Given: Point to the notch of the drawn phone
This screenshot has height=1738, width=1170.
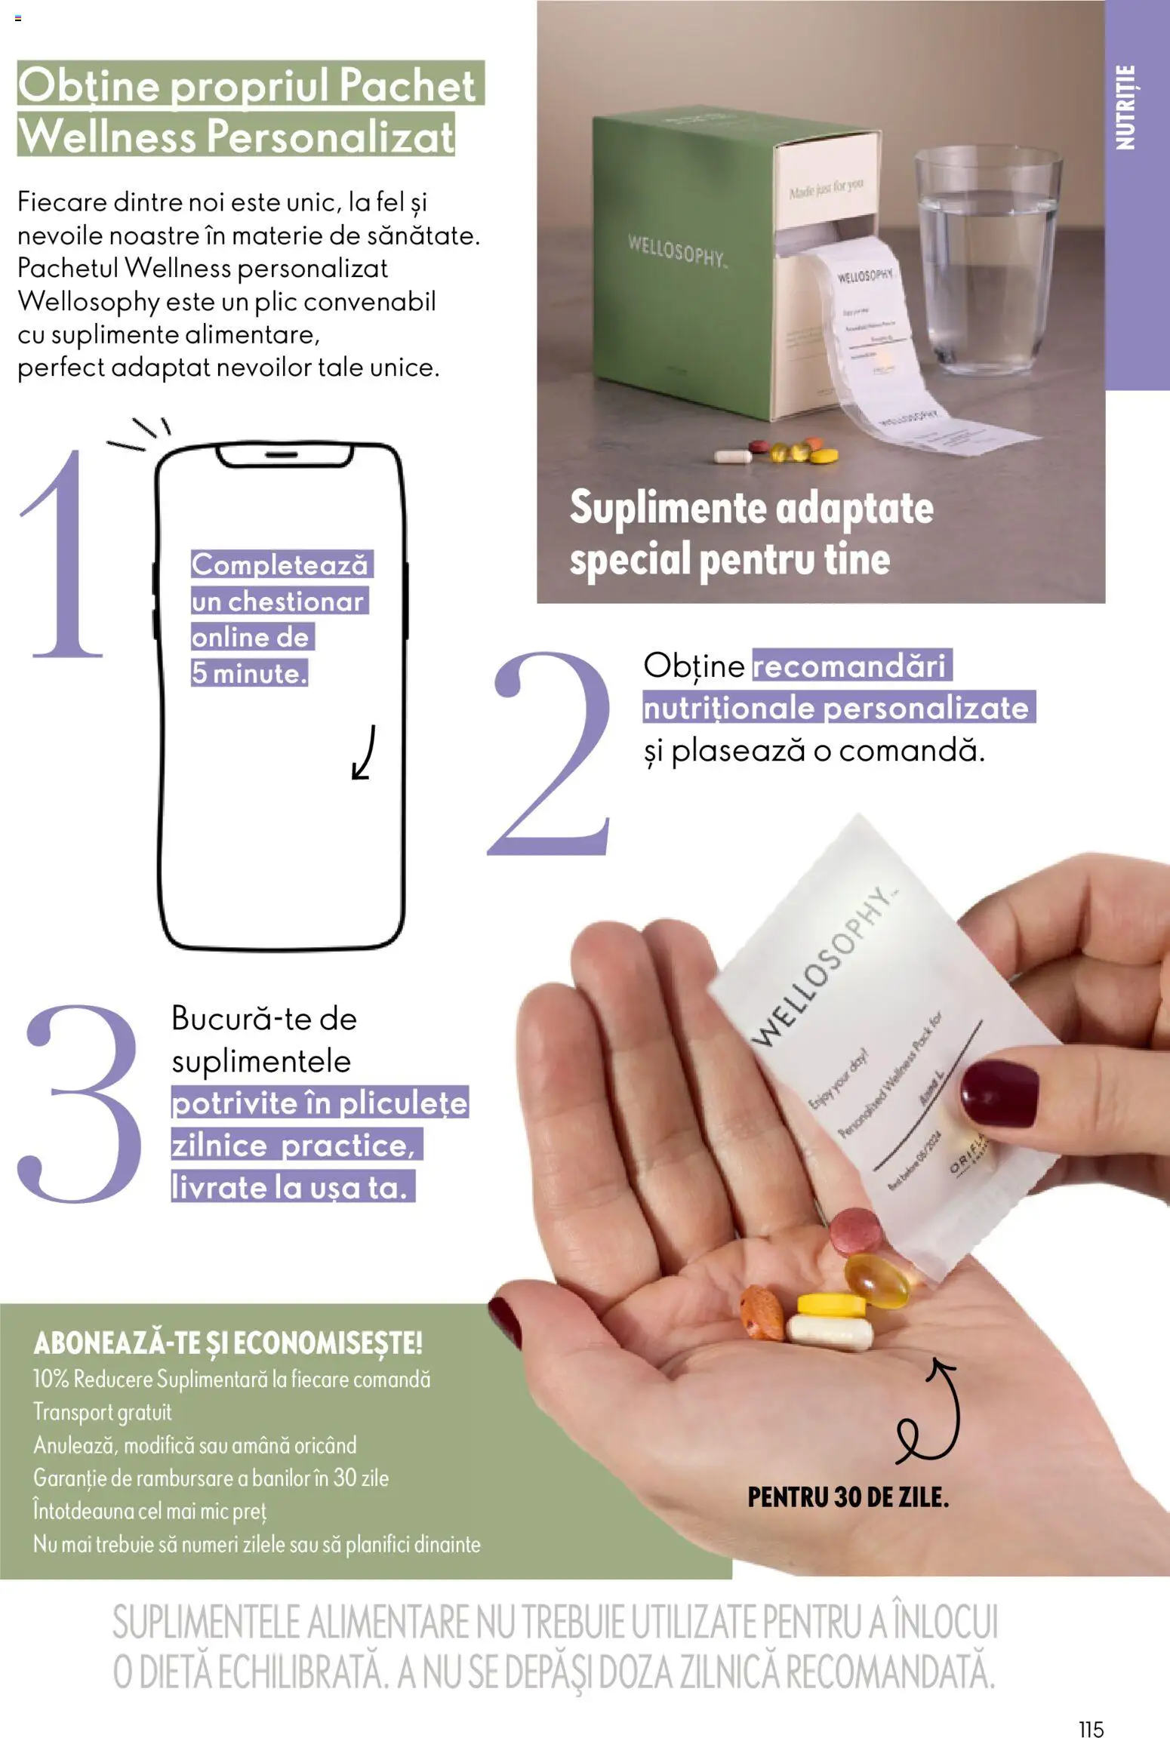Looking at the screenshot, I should click(284, 454).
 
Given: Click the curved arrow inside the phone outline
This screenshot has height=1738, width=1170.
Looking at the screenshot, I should click(364, 752).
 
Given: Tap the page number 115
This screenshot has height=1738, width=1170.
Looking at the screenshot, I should click(1091, 1707).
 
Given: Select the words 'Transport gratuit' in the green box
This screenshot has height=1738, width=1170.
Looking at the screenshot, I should click(103, 1411).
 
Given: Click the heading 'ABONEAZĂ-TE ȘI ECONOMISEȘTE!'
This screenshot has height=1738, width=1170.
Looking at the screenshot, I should click(228, 1343).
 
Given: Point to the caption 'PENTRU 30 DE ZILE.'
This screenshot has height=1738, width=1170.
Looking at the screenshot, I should click(848, 1497).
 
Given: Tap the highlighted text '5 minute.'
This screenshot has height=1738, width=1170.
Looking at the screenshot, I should click(249, 673).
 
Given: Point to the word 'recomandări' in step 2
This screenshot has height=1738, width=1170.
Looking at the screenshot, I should click(849, 666).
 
